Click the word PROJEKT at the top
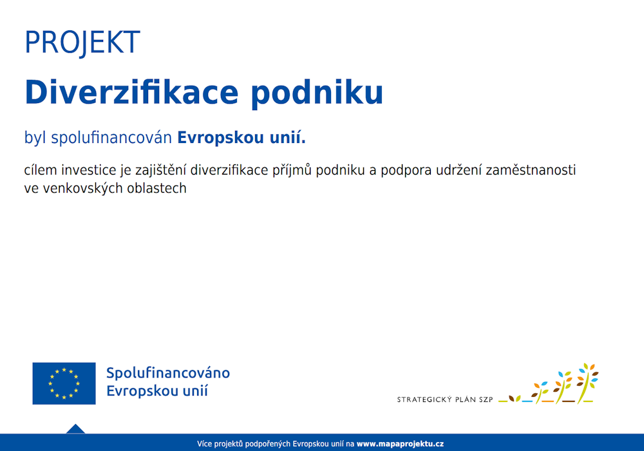tap(82, 43)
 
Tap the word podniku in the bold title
tap(316, 93)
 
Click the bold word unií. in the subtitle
tap(286, 137)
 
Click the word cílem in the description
tap(41, 171)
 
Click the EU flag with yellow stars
tap(64, 383)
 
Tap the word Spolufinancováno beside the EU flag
tap(167, 373)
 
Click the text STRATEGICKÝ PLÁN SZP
tap(444, 399)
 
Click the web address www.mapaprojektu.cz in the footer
tap(400, 444)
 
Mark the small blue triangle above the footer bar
tap(75, 428)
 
